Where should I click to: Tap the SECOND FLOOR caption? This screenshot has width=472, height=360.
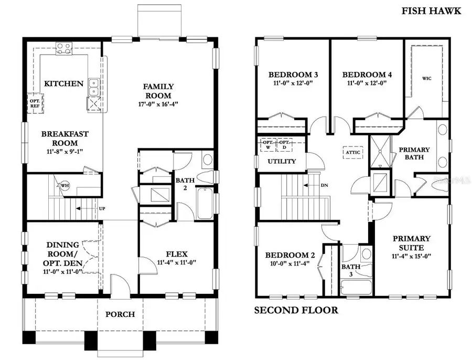[296, 310]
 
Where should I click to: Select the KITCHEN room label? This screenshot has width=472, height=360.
[63, 83]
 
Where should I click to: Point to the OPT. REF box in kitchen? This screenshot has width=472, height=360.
[35, 103]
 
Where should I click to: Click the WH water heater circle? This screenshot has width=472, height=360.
[65, 185]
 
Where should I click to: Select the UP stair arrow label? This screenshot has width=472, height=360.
[102, 208]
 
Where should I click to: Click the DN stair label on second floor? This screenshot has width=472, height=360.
[324, 185]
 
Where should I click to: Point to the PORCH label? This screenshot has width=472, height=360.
[120, 314]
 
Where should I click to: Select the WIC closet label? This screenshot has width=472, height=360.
[427, 79]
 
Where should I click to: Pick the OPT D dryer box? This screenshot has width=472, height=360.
[284, 144]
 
